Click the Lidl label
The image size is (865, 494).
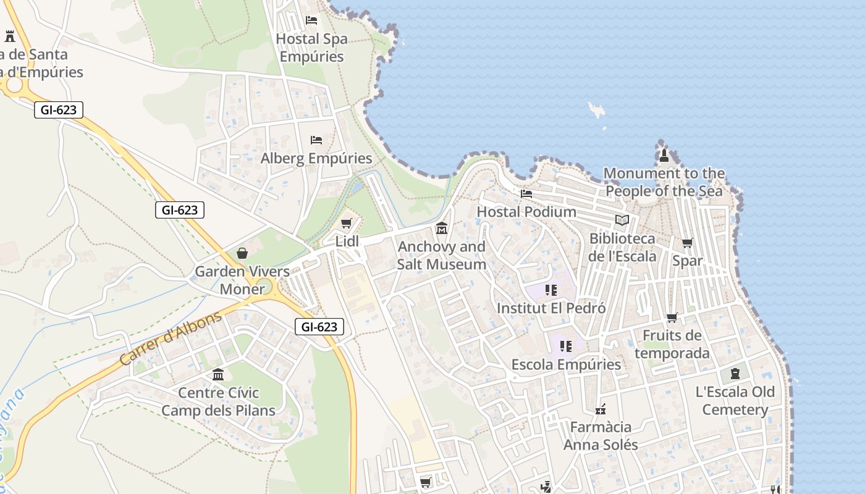coord(347,241)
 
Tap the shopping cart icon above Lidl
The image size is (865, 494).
coord(346,223)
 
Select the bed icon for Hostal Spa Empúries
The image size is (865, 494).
coord(311,20)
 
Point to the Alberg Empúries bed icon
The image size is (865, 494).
coord(316,140)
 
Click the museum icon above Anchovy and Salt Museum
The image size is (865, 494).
coord(441,229)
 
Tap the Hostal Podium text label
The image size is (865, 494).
coord(526,212)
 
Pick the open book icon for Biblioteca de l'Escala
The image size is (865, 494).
coord(622,220)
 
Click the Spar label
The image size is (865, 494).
coord(687,261)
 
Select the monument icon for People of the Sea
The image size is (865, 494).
coord(664,155)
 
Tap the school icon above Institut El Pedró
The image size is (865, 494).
coord(551,290)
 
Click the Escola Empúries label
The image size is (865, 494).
coord(566,364)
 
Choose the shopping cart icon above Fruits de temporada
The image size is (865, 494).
coord(672,318)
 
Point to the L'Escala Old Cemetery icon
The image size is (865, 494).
coord(735,374)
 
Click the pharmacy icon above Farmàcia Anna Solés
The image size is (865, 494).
coord(600,409)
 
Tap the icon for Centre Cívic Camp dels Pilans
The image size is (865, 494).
coord(218,375)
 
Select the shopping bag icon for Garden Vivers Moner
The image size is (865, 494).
coord(242,253)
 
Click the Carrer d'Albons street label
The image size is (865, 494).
coord(170,338)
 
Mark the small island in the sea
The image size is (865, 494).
coord(597,111)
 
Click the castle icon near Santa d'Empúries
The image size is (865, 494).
coord(9,36)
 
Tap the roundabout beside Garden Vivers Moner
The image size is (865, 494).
coord(264,287)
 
